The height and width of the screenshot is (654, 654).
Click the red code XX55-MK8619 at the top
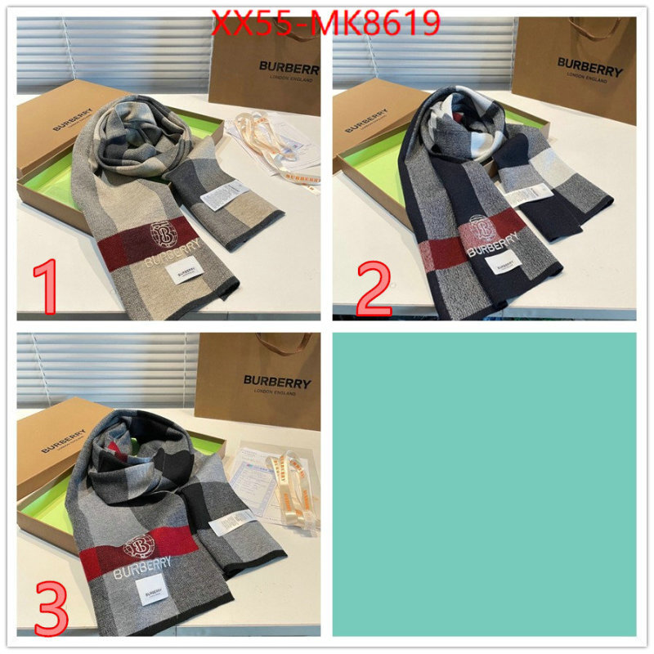tap(325, 25)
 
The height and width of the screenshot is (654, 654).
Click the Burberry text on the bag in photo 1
tap(289, 67)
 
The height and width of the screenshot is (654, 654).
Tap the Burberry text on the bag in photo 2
tap(589, 65)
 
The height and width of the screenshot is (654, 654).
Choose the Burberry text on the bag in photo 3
tap(277, 382)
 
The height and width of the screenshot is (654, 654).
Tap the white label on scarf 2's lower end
tap(504, 264)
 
